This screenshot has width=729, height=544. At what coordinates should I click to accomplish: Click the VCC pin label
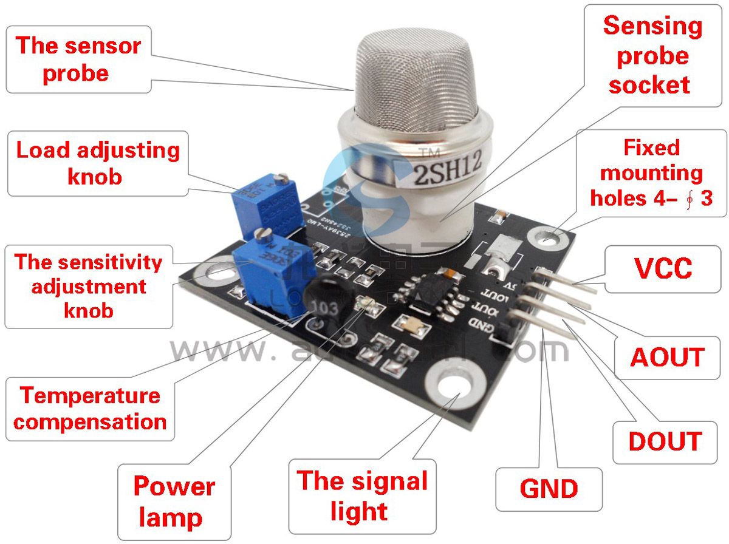click(x=663, y=268)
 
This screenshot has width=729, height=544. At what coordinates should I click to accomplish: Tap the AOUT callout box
click(x=667, y=358)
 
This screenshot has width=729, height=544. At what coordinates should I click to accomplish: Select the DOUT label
click(x=665, y=441)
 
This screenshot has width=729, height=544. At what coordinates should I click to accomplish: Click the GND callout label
click(x=549, y=488)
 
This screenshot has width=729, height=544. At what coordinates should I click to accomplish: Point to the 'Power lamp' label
click(x=174, y=501)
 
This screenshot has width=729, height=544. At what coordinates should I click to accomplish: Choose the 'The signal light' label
click(x=362, y=495)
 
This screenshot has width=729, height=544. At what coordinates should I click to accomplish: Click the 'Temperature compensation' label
click(x=90, y=409)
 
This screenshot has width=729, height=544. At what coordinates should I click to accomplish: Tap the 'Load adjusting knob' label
click(x=98, y=163)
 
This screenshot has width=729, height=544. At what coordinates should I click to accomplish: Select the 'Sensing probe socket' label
click(x=652, y=55)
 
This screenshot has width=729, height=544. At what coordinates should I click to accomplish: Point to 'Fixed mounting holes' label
click(x=651, y=172)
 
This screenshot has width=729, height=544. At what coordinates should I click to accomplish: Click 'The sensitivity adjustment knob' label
click(x=89, y=286)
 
